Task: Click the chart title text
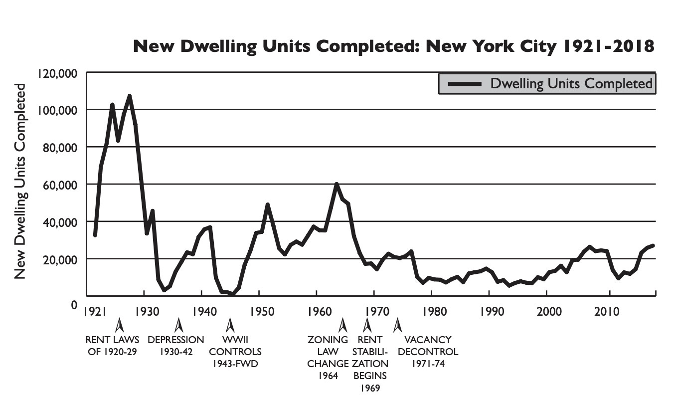393,46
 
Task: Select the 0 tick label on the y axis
74,303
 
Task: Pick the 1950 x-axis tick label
259,311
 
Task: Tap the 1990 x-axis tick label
489,311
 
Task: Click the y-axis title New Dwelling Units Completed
19,182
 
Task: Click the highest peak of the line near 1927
130,96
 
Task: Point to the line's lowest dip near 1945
233,294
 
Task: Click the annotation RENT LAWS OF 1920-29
112,346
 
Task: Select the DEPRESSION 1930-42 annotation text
176,346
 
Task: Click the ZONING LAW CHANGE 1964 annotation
328,358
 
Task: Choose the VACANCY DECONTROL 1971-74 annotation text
428,351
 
